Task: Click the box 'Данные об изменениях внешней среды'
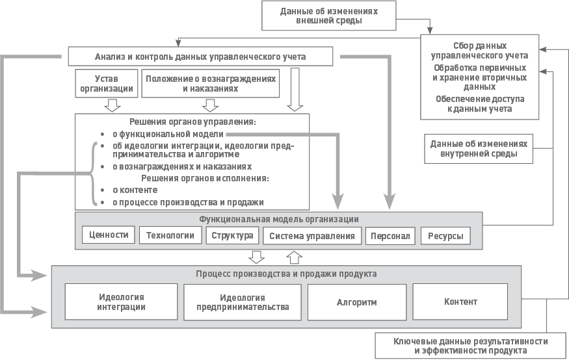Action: coord(328,16)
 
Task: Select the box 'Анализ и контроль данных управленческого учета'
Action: coord(200,57)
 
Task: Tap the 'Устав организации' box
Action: coord(107,83)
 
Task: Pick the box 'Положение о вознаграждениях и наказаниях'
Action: coord(210,83)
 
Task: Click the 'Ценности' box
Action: coord(109,235)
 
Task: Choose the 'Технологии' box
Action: coord(170,235)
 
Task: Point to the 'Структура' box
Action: coord(232,235)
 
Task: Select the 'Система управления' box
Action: coord(311,236)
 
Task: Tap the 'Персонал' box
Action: coord(390,236)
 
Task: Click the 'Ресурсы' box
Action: coord(445,236)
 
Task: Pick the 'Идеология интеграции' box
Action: coord(121,302)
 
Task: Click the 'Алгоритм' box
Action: coord(356,302)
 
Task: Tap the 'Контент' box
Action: coord(460,302)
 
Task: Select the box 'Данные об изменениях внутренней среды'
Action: coord(478,149)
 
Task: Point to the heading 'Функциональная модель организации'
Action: coord(278,219)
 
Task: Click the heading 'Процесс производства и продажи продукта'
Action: coord(286,274)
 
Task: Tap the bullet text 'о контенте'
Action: coord(135,190)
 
